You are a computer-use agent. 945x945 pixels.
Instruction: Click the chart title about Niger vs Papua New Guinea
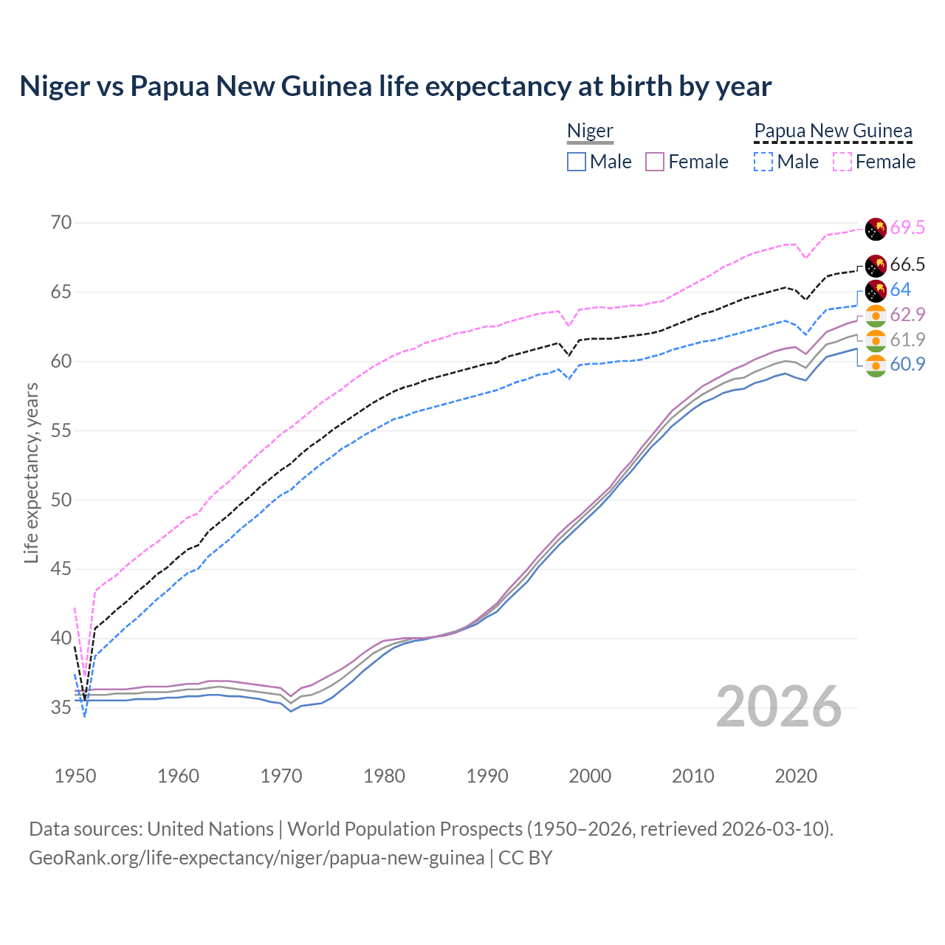[x=395, y=86]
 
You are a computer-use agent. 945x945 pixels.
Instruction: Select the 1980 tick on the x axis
[x=384, y=776]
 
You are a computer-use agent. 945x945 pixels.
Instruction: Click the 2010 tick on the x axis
[x=693, y=776]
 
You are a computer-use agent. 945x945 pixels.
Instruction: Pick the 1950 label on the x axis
[x=75, y=776]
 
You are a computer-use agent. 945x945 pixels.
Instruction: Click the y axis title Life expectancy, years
[x=32, y=472]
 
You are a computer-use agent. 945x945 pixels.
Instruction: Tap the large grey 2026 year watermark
[x=779, y=707]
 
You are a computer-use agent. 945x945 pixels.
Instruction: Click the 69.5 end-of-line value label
[x=907, y=228]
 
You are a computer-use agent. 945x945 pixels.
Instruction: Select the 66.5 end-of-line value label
[x=907, y=265]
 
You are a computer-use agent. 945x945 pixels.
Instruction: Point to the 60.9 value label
[x=907, y=364]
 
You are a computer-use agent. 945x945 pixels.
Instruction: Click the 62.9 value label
[x=907, y=315]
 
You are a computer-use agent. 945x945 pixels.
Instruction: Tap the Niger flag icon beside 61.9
[x=876, y=340]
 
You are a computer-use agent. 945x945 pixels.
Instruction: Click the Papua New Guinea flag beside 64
[x=876, y=290]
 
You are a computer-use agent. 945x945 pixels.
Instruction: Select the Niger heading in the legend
[x=590, y=131]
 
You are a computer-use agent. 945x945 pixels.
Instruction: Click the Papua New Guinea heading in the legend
[x=833, y=131]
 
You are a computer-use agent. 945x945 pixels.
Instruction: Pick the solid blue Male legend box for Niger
[x=577, y=162]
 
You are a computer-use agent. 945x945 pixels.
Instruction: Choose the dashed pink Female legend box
[x=842, y=162]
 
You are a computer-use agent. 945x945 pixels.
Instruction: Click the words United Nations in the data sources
[x=210, y=829]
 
